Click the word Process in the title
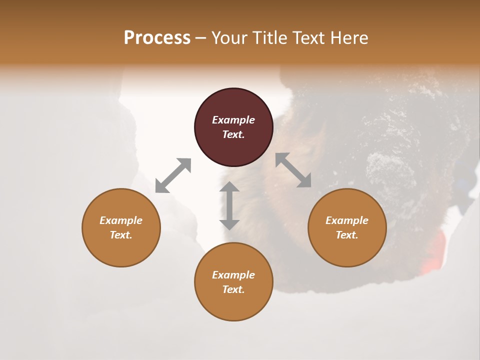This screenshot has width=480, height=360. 157,37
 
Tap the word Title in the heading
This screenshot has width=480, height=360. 269,37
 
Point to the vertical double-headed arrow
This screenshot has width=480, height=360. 229,205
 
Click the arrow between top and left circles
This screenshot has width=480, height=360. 173,175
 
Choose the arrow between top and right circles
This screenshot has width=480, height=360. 293,170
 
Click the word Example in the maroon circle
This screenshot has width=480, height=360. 233,120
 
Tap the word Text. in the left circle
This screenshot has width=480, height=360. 121,235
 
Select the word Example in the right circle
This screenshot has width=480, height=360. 347,220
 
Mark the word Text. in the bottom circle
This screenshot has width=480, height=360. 233,289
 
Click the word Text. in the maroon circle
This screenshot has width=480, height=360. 233,134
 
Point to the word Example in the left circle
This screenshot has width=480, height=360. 121,220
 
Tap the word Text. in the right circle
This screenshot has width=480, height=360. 347,235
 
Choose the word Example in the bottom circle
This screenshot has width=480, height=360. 233,275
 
